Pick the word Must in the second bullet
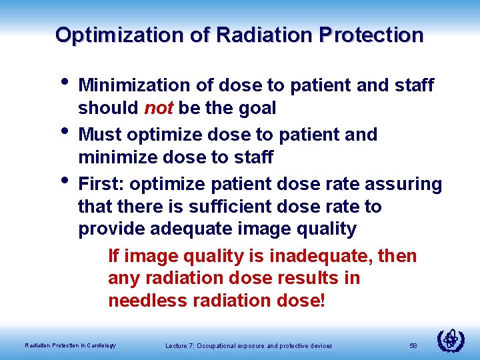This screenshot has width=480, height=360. (100, 135)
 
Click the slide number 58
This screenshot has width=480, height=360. (413, 345)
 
